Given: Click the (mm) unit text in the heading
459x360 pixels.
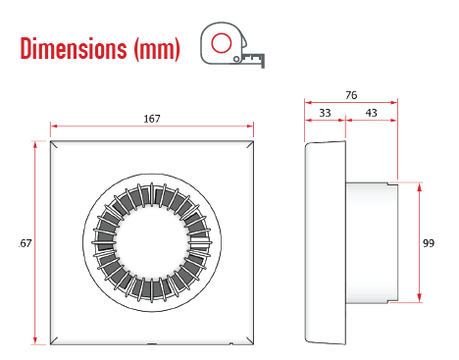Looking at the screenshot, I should (156, 48).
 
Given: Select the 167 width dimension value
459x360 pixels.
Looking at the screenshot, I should (151, 118).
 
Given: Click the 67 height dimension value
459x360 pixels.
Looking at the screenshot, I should (25, 242).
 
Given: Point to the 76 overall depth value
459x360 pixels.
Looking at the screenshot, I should (351, 95).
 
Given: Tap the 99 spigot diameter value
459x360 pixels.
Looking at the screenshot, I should (430, 242).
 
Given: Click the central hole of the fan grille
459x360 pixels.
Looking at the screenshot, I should (152, 241).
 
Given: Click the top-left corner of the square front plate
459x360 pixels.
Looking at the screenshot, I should (51, 143).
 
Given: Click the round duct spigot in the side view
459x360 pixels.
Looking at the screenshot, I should (373, 241).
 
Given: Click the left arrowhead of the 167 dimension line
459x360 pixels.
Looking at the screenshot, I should (54, 126).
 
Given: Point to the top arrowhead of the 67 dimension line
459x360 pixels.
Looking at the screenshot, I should (36, 144).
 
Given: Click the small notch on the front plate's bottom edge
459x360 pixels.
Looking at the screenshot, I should (152, 344).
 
